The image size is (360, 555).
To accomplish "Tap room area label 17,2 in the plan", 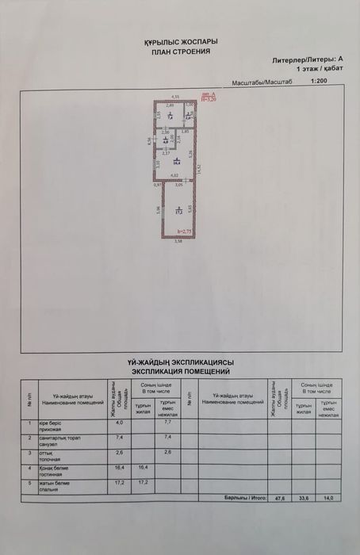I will pyautogui.click(x=179, y=211).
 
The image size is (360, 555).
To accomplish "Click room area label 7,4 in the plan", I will pyautogui.click(x=170, y=117).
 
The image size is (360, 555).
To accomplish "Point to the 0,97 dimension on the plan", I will pyautogui.click(x=157, y=185).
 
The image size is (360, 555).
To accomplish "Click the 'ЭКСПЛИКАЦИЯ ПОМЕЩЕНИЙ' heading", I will pyautogui.click(x=180, y=370).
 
